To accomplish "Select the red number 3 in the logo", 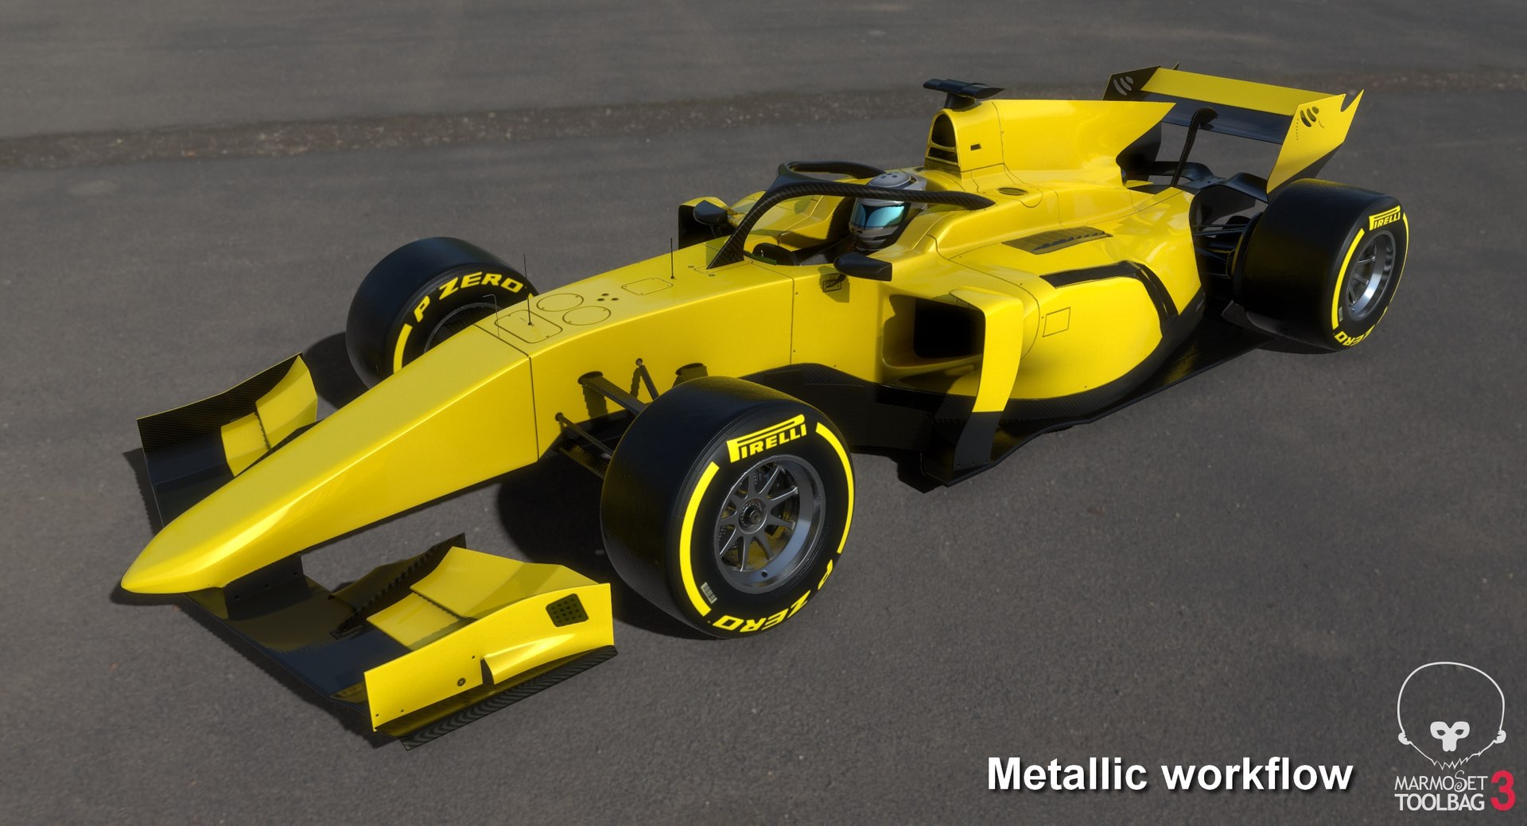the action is pos(1502,790).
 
